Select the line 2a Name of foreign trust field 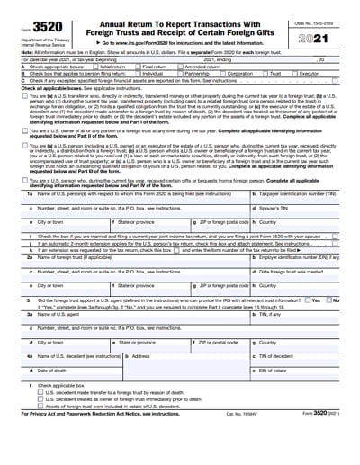[135, 263]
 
